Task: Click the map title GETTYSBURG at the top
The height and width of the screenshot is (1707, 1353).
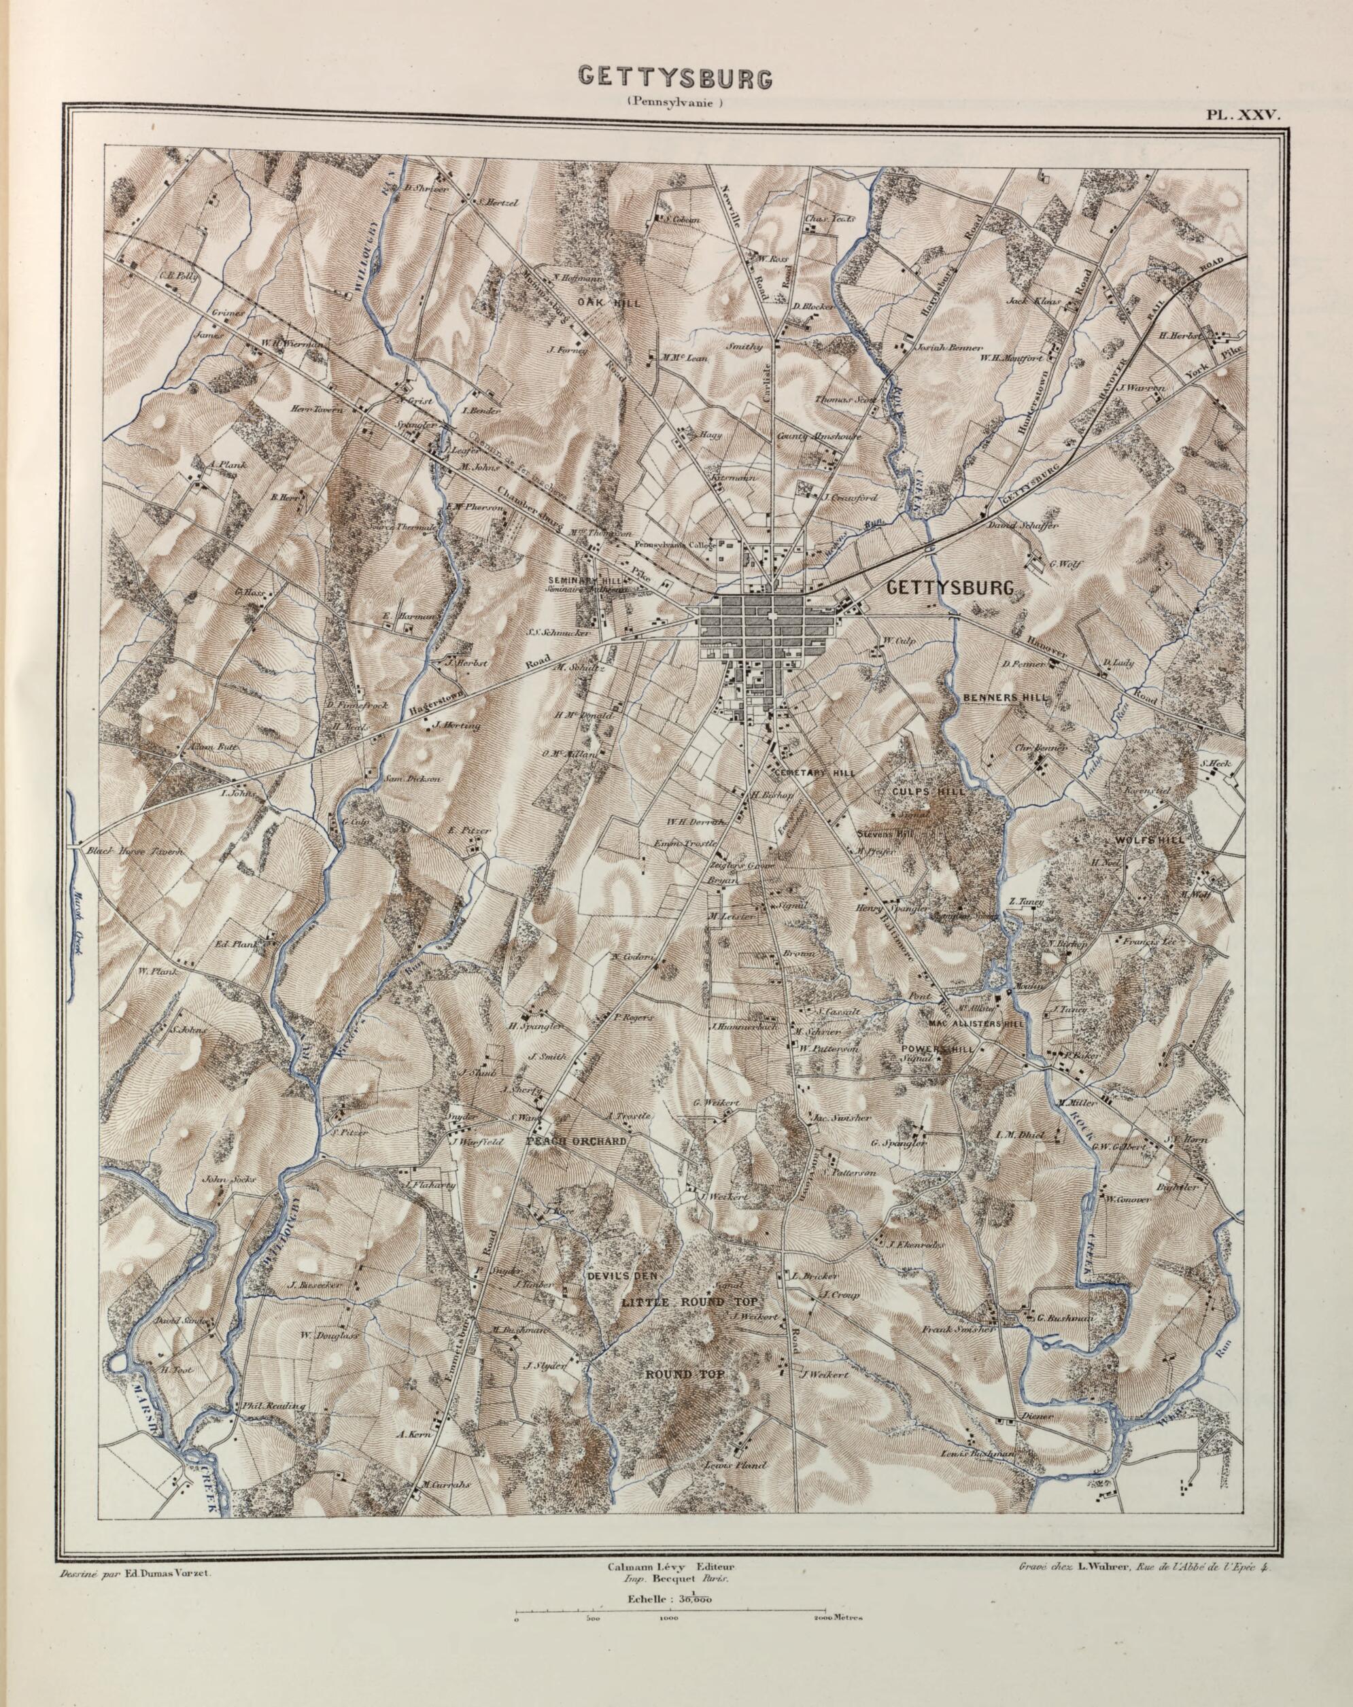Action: tap(674, 77)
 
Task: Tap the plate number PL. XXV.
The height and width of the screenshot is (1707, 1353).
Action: tap(1243, 114)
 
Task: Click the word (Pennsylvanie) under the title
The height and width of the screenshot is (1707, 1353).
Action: tap(675, 101)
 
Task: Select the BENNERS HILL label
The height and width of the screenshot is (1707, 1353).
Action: tap(1006, 697)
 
